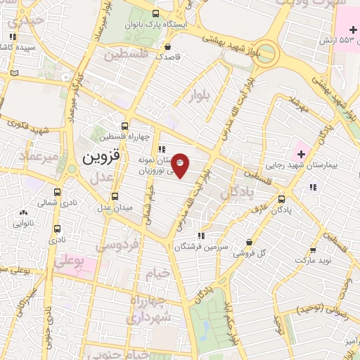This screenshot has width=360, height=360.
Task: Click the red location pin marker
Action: pos(180,165)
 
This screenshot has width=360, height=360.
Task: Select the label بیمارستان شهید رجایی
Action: pos(300,167)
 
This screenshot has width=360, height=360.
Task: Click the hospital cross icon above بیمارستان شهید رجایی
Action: pos(302,153)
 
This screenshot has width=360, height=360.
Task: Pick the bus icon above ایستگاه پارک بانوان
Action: pos(155,13)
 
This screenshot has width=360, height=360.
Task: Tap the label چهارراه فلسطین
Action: pos(124,137)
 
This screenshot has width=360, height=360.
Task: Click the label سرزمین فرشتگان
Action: pos(198,247)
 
